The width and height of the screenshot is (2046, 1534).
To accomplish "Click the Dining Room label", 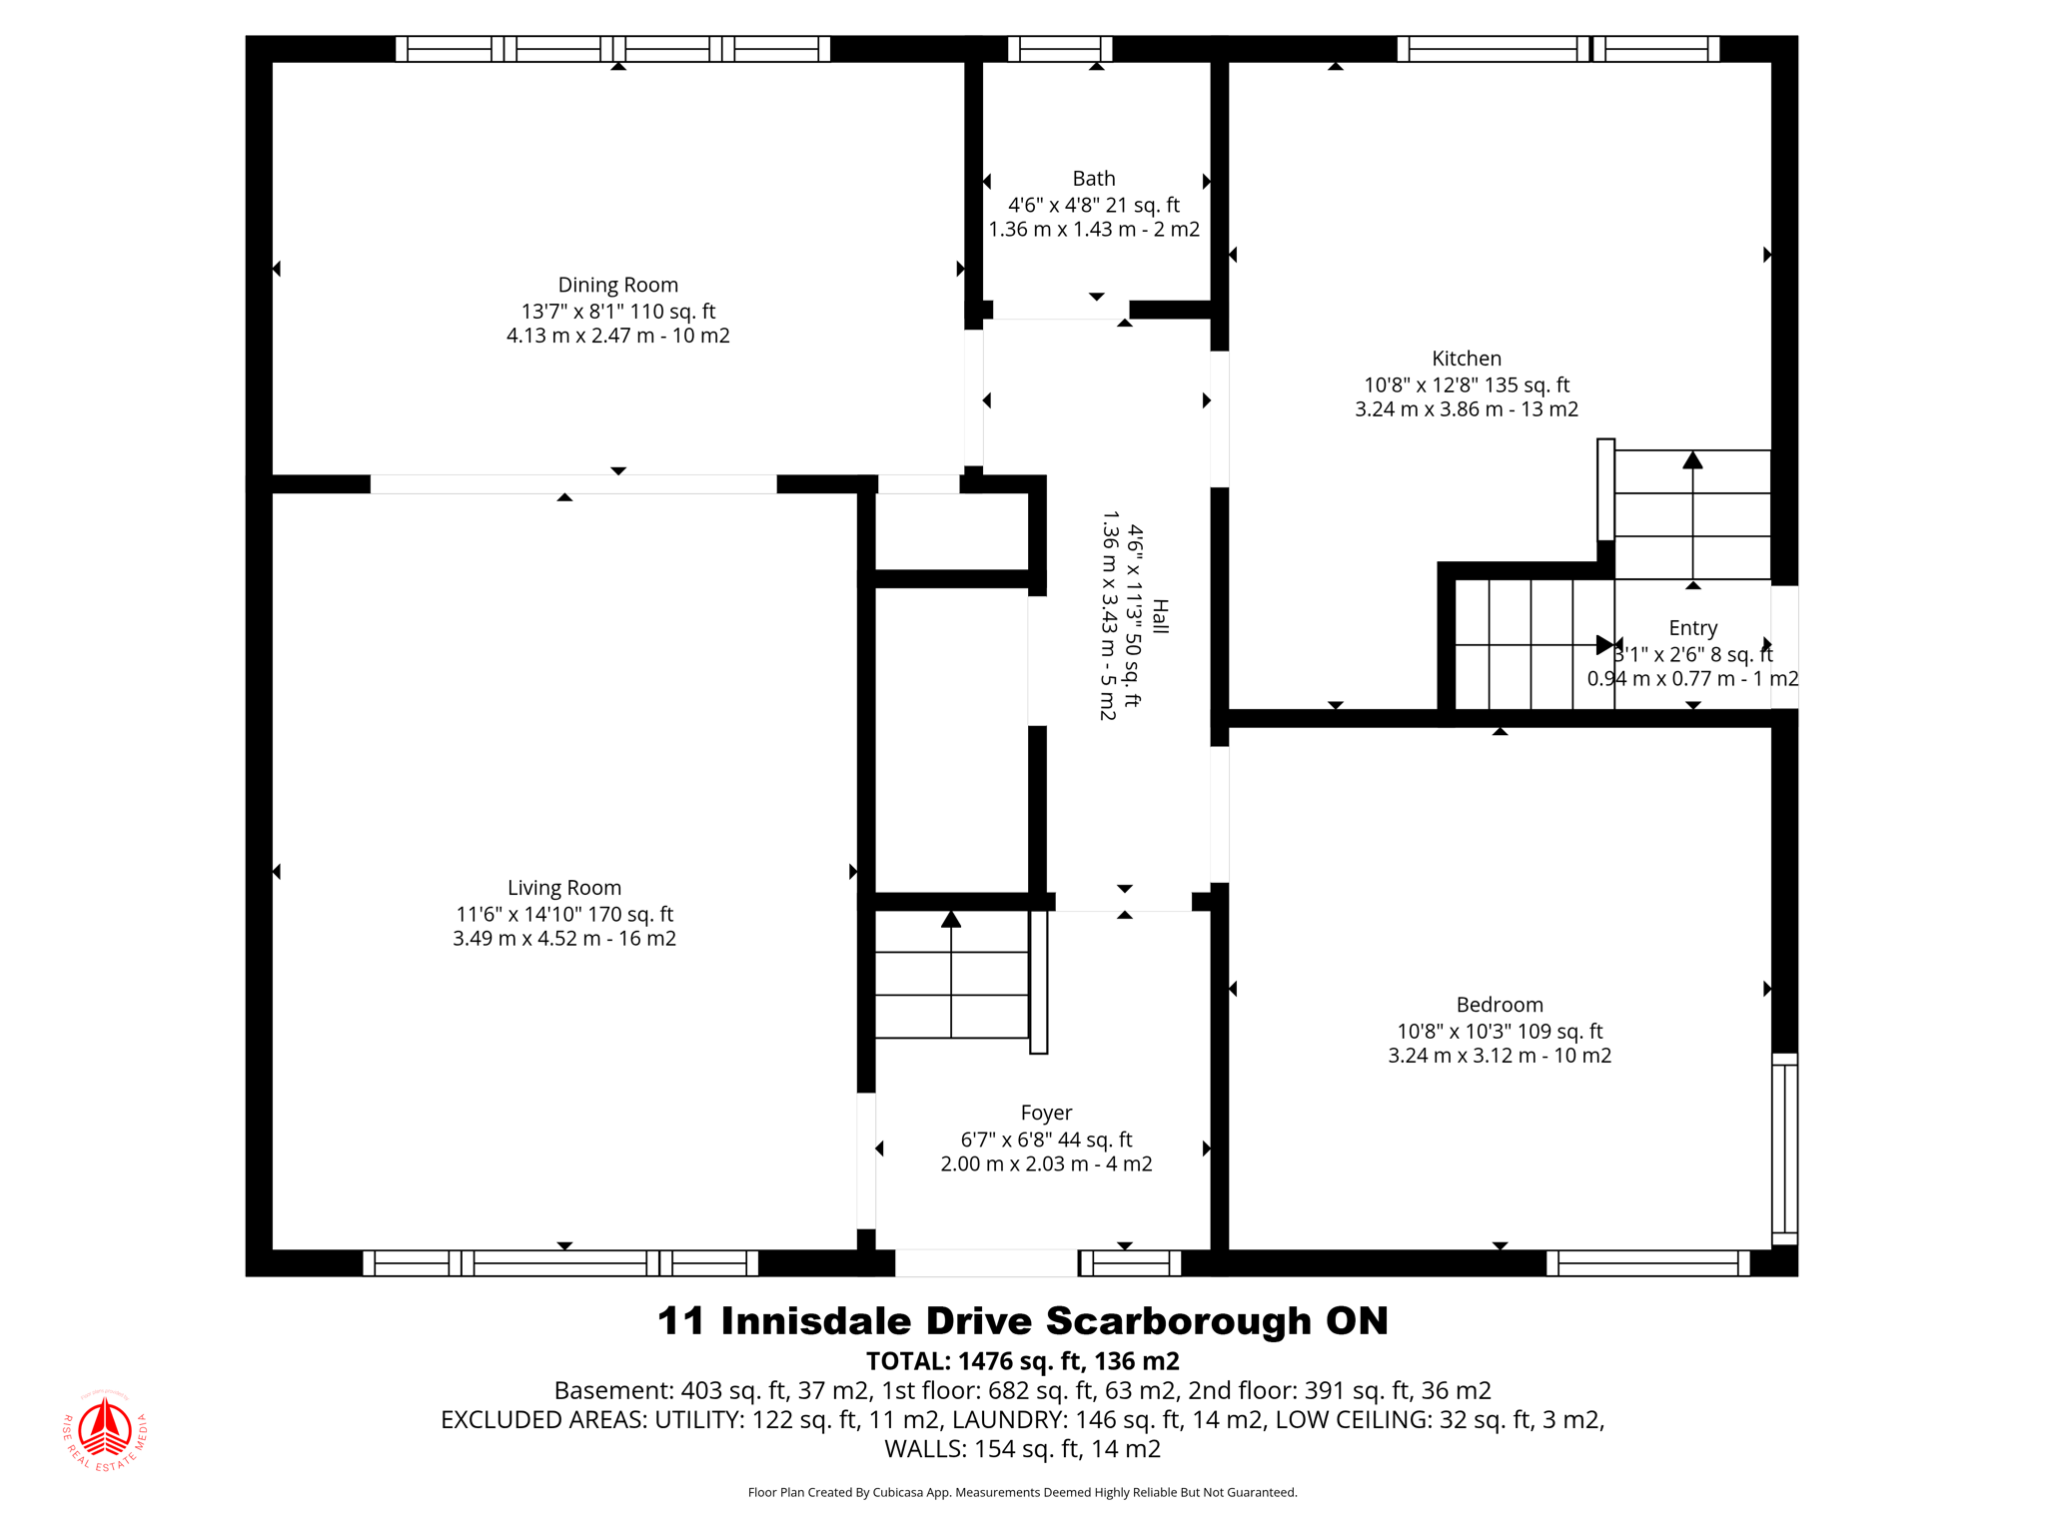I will (617, 286).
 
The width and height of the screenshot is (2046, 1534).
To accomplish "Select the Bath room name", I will (1094, 179).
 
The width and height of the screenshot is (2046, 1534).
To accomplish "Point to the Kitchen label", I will (1466, 359).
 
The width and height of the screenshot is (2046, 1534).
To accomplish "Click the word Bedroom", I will (1499, 1005).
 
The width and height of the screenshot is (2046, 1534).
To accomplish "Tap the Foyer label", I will (1046, 1113).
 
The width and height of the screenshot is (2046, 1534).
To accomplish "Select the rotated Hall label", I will (1160, 616).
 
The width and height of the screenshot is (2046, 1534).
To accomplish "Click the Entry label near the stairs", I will (1692, 628).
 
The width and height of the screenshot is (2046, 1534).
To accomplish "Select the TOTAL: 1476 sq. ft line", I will (1022, 1361).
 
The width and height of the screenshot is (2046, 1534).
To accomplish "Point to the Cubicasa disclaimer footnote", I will (1022, 1492).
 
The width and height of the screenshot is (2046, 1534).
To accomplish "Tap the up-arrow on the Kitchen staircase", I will (1692, 461).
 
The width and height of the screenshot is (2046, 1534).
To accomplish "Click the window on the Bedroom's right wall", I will (1784, 1149).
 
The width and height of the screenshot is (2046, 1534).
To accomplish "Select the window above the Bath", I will (1059, 49).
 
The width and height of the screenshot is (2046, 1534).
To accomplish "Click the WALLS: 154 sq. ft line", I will (1022, 1448).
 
